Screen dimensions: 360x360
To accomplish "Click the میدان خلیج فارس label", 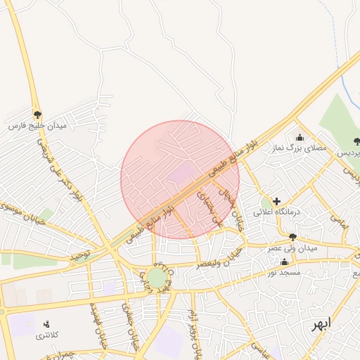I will pyautogui.click(x=37, y=125).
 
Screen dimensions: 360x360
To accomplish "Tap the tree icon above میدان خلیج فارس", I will pyautogui.click(x=37, y=113).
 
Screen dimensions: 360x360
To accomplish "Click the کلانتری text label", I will pyautogui.click(x=49, y=335).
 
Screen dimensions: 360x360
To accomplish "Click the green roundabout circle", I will pyautogui.click(x=156, y=278).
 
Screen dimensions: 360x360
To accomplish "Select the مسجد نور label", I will pyautogui.click(x=284, y=271).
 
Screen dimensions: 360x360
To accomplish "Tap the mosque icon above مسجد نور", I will pyautogui.click(x=284, y=262).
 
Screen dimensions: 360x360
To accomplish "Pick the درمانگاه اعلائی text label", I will pyautogui.click(x=277, y=212).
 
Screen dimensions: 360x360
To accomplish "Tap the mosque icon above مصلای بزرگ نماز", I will pyautogui.click(x=300, y=137).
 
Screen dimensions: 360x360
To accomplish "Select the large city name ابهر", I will pyautogui.click(x=323, y=325).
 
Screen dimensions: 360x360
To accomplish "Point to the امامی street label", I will pyautogui.click(x=340, y=224).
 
